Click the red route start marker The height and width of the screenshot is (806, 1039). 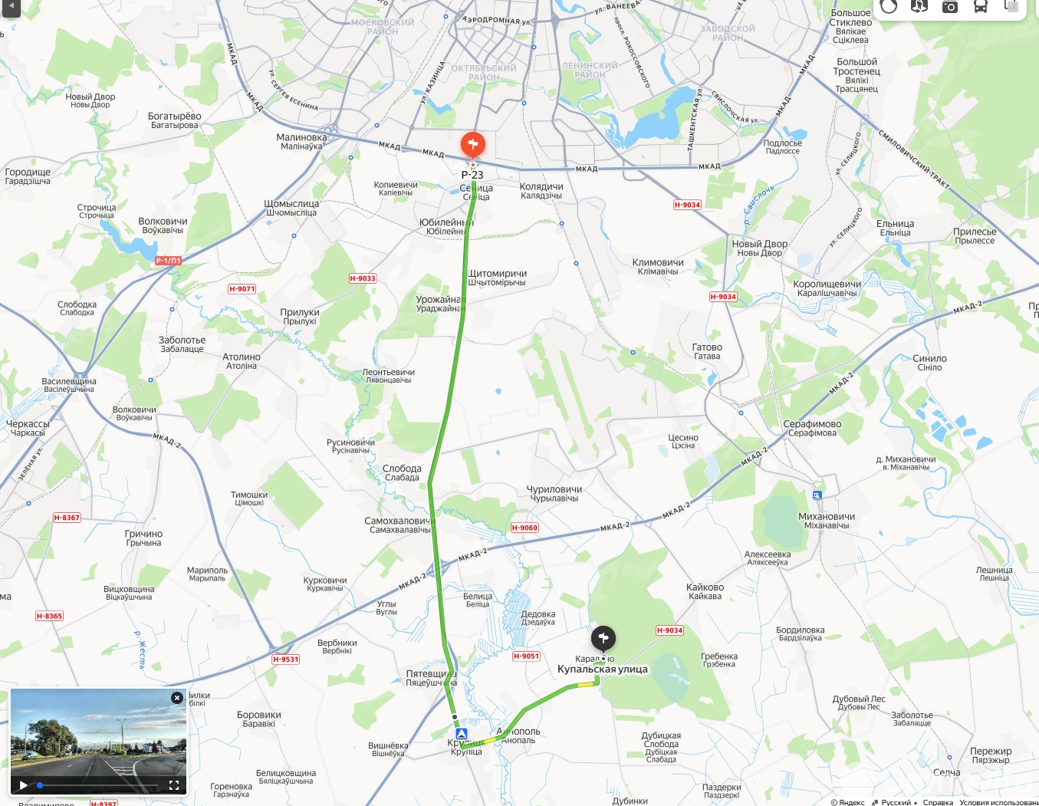(x=472, y=144)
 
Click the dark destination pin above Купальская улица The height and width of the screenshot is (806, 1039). (x=603, y=638)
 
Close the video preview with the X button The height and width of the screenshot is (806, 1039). (x=177, y=698)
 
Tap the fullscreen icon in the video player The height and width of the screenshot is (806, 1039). (x=173, y=785)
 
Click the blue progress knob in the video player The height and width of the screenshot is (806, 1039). (x=40, y=785)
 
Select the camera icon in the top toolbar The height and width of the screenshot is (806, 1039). (x=949, y=7)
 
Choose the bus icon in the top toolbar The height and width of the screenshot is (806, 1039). (x=980, y=7)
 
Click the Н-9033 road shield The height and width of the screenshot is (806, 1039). (x=363, y=278)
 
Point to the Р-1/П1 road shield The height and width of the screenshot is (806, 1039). (x=169, y=261)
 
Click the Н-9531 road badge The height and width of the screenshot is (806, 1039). (x=286, y=659)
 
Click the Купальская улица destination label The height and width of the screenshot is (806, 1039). (x=602, y=669)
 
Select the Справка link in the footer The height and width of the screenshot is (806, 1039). (x=938, y=802)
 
